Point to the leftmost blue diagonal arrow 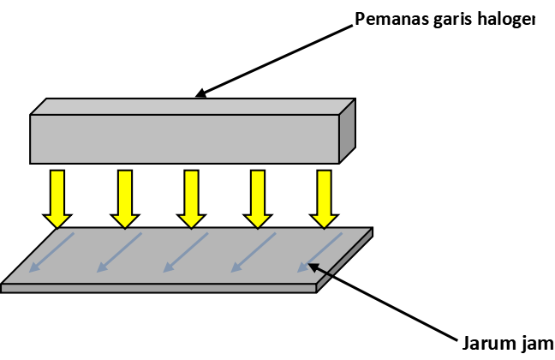click(51, 253)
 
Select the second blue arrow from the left click(119, 253)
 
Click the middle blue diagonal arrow click(186, 253)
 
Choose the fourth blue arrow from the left click(254, 253)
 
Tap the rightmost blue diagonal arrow click(319, 253)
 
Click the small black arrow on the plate click(321, 270)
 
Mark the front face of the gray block click(184, 139)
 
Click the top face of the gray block click(193, 107)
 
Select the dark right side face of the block click(347, 131)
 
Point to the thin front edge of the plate click(158, 288)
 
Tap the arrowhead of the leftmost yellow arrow click(57, 221)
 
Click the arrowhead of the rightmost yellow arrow click(324, 221)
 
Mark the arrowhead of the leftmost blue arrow click(34, 268)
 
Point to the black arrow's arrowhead click(313, 266)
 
